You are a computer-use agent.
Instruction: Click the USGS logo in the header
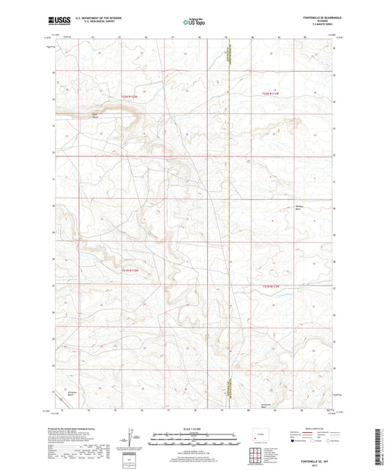pyautogui.click(x=59, y=20)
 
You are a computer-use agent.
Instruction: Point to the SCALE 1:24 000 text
pyautogui.click(x=195, y=428)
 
